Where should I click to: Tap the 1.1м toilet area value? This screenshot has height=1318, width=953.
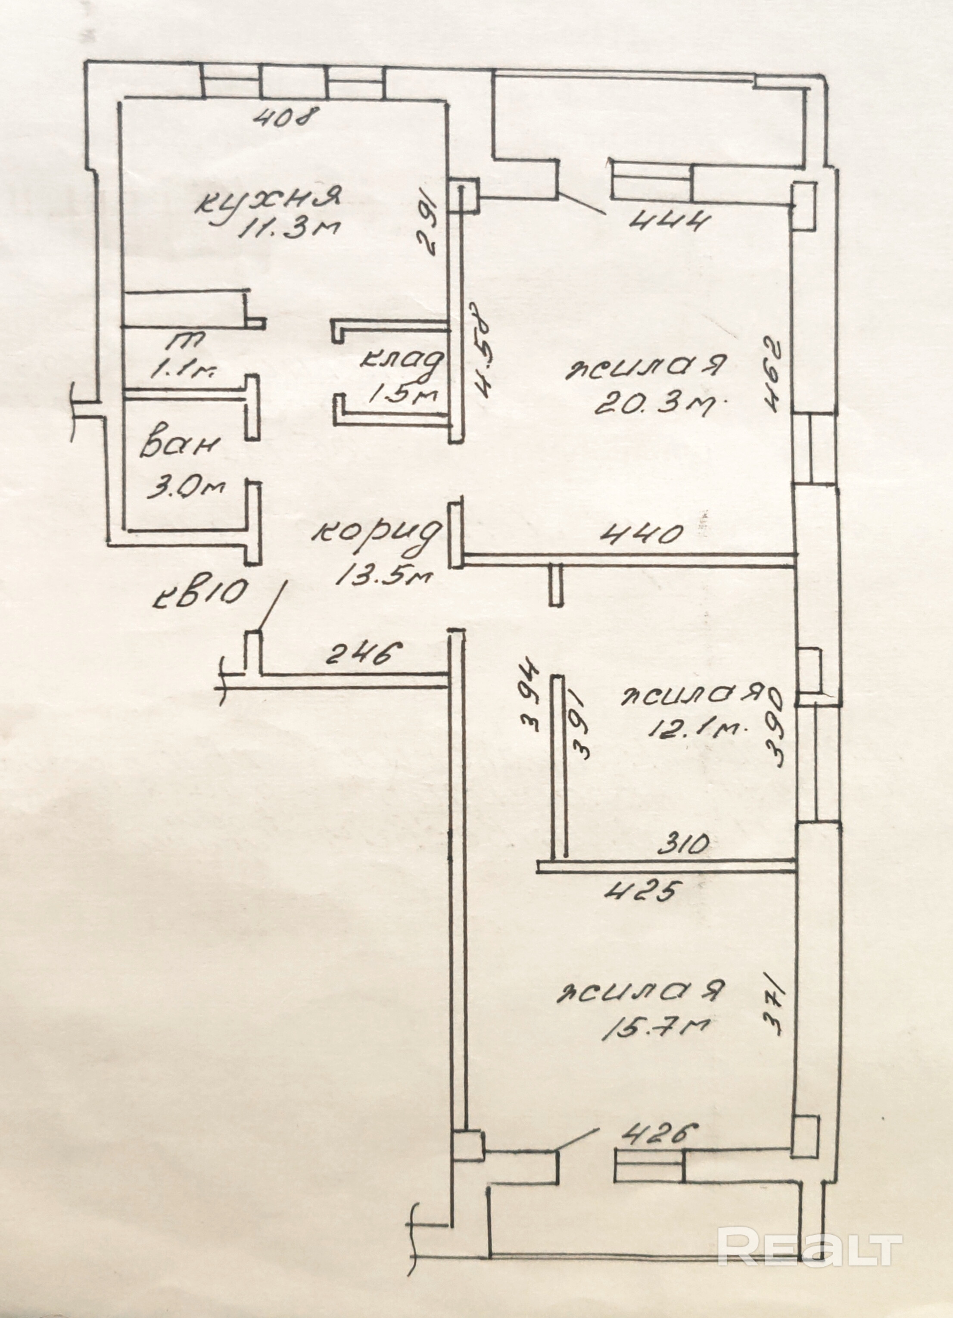(x=183, y=370)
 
